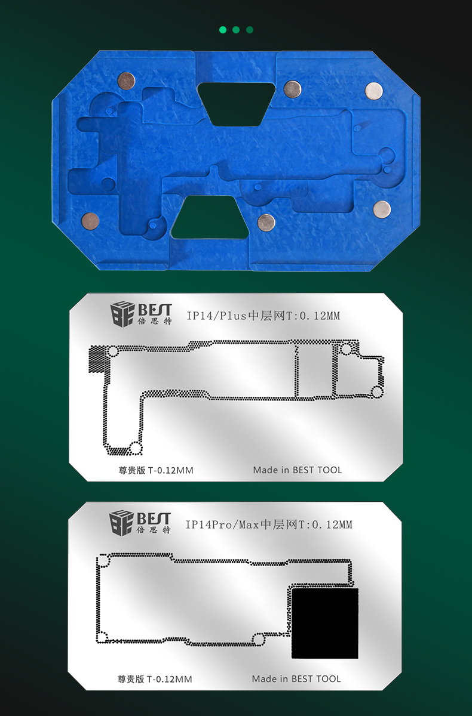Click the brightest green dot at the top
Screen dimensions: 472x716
click(223, 30)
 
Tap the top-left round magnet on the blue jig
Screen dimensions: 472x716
click(126, 81)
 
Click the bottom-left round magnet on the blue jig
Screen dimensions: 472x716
click(90, 221)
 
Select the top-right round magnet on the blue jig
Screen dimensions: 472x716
click(374, 91)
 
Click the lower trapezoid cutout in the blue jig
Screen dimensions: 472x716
click(210, 217)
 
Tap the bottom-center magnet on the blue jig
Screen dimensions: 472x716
click(266, 223)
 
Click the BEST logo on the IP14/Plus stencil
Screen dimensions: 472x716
click(141, 314)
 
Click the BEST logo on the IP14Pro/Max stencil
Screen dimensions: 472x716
click(140, 523)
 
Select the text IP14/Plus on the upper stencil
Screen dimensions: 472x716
click(217, 316)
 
